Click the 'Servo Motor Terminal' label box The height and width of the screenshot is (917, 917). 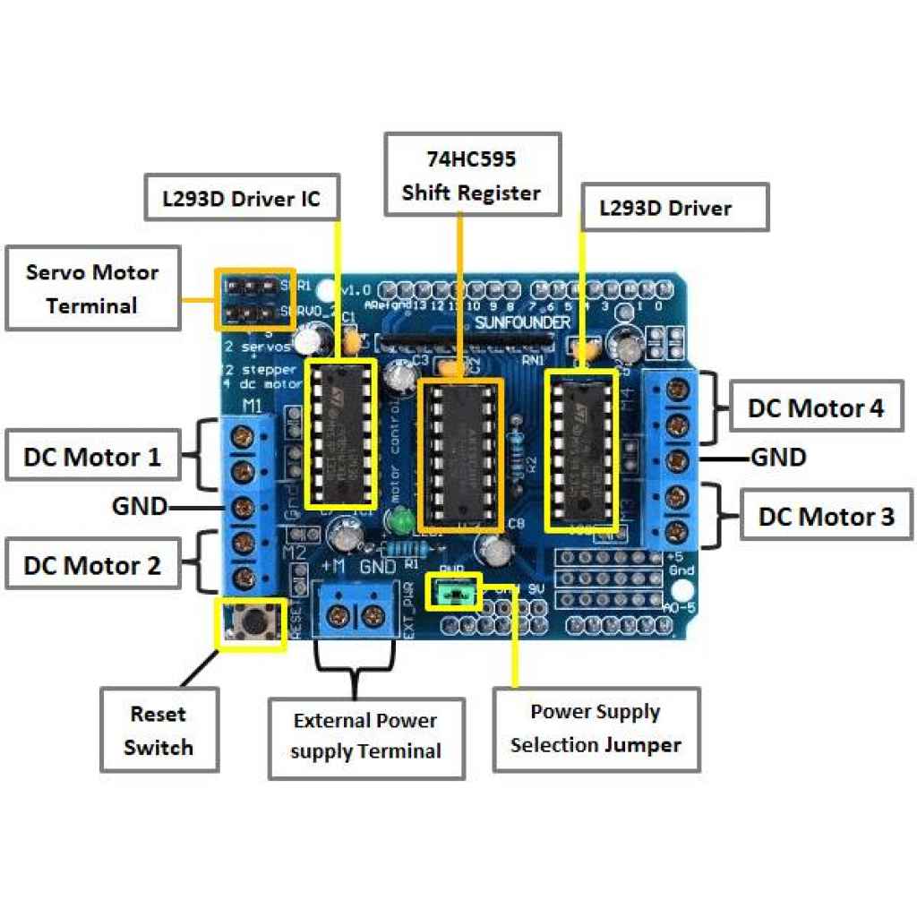[93, 288]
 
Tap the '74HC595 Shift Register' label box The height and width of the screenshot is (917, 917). [472, 175]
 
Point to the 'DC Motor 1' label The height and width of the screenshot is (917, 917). [92, 457]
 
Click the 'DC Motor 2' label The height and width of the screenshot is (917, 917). [92, 565]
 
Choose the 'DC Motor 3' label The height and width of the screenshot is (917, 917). [826, 516]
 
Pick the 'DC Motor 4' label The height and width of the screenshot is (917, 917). [816, 407]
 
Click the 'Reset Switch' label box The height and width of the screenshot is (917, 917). [159, 730]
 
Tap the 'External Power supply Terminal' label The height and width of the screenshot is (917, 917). [365, 736]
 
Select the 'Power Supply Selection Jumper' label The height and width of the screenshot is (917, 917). [596, 729]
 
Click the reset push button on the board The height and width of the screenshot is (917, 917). [254, 621]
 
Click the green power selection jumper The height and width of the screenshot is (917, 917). [455, 592]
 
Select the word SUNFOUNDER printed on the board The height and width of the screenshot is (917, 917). [521, 321]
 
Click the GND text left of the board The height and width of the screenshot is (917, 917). [140, 506]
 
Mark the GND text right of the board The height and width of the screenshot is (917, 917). [778, 458]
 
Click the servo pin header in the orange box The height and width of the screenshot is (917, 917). [253, 300]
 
